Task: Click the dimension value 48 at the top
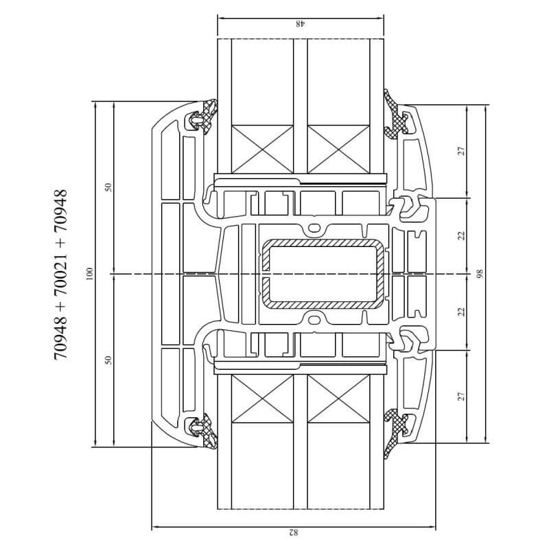[x=301, y=24]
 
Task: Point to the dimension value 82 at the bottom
[x=294, y=533]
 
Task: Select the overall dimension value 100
[x=90, y=274]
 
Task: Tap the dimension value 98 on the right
[x=479, y=274]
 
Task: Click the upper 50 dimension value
[x=108, y=187]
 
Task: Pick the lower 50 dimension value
[x=108, y=360]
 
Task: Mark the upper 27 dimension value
[x=462, y=151]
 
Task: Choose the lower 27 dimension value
[x=462, y=397]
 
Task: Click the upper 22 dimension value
[x=462, y=235]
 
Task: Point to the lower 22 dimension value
[x=462, y=312]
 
